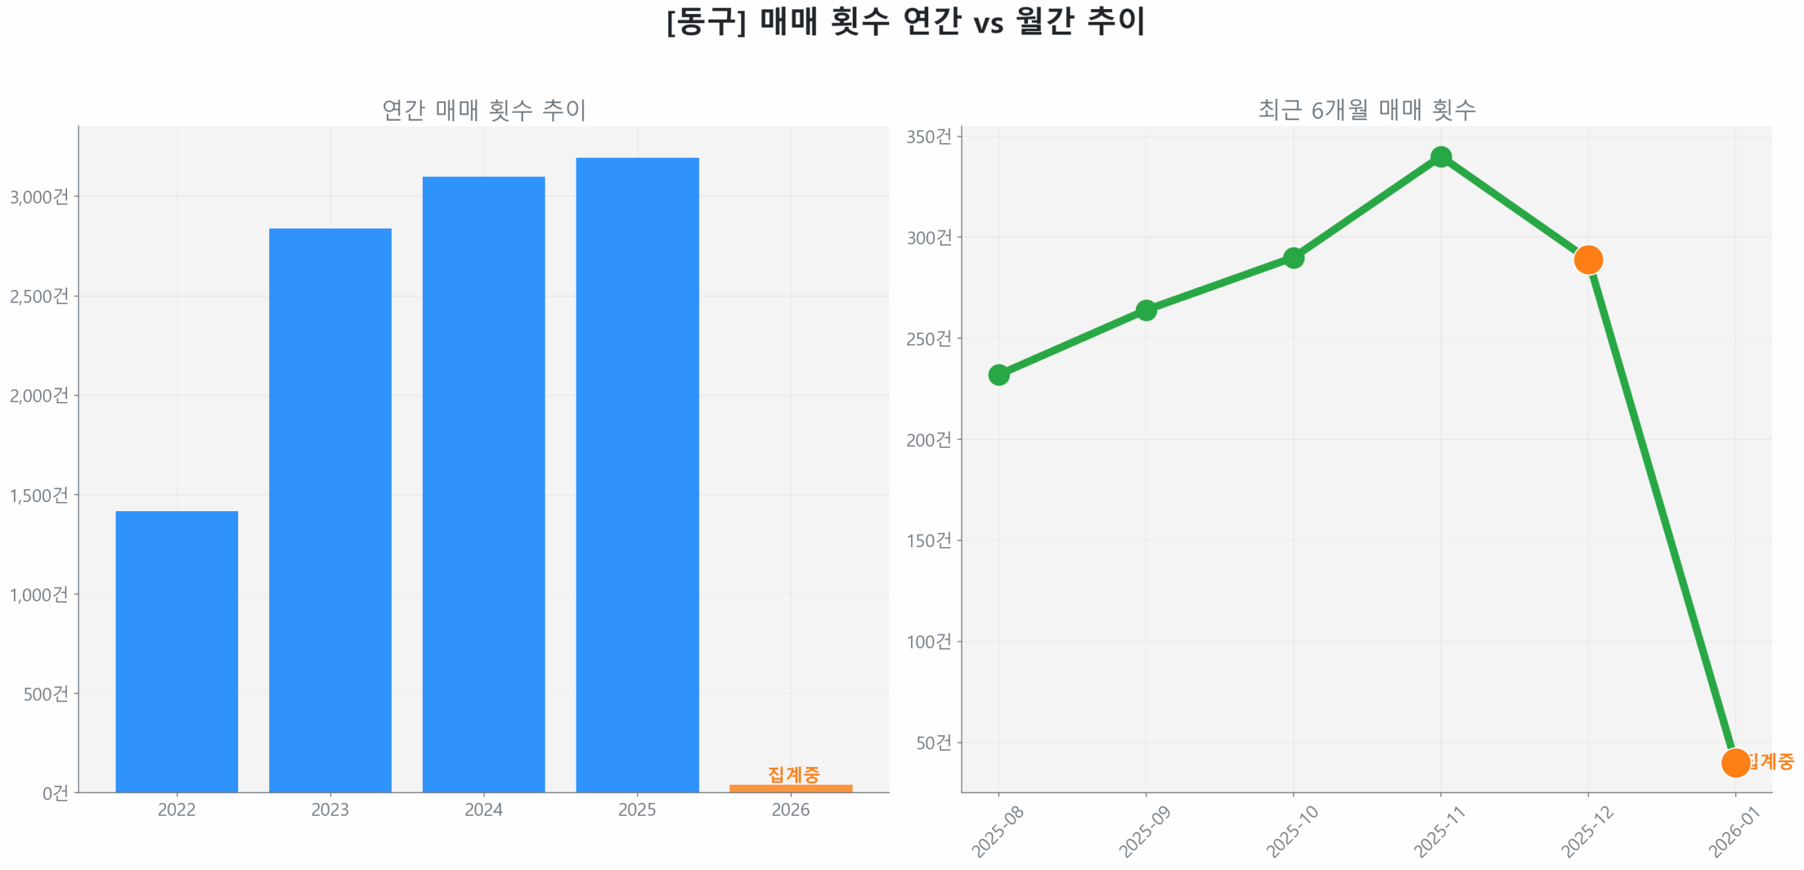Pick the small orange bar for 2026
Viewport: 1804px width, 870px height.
(790, 788)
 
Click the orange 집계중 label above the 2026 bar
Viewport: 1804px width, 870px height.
(793, 774)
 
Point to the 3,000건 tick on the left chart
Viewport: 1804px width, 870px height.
(39, 196)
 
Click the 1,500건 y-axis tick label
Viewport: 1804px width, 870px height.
(39, 494)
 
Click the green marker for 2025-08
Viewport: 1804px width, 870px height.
(998, 374)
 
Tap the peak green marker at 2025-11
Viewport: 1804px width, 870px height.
(1440, 157)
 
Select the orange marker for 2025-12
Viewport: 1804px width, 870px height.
(1587, 259)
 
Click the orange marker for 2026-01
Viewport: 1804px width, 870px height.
(1734, 762)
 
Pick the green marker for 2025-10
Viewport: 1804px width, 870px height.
(1292, 258)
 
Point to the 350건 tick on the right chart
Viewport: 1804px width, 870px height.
(928, 136)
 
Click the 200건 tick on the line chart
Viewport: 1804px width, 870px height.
(928, 439)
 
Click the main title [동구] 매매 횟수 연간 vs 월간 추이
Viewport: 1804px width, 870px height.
(905, 21)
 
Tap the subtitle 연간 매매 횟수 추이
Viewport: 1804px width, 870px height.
(483, 109)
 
